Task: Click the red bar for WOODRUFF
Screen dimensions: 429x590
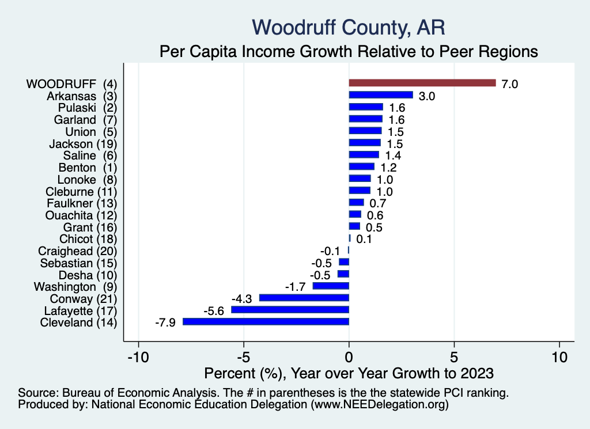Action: [x=422, y=83]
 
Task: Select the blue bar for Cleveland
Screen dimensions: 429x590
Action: [x=266, y=322]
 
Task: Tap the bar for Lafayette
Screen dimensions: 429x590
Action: [x=290, y=310]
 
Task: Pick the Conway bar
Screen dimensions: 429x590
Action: [x=304, y=298]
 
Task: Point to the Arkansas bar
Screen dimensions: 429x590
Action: [x=381, y=95]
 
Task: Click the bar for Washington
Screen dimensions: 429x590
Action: [x=331, y=286]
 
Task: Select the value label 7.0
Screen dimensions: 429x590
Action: [x=510, y=84]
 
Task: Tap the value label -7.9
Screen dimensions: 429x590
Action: [x=166, y=322]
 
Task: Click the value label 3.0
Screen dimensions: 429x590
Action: [x=427, y=96]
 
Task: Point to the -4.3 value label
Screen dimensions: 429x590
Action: [x=243, y=298]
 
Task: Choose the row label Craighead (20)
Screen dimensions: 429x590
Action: [x=77, y=251]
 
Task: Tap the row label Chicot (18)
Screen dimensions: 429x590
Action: [x=88, y=239]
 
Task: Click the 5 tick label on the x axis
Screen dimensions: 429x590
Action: [x=454, y=356]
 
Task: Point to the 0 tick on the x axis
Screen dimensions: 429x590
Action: [x=349, y=356]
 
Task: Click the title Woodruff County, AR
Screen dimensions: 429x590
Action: [x=349, y=26]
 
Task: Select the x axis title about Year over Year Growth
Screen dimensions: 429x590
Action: [x=349, y=373]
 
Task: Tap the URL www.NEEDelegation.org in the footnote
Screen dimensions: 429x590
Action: [x=380, y=405]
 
